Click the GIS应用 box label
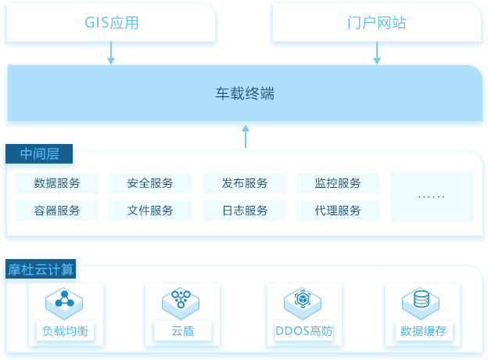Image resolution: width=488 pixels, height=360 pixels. click(x=111, y=23)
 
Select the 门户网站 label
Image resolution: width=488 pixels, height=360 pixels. click(x=377, y=23)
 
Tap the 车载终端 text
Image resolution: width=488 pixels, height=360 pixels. click(x=246, y=93)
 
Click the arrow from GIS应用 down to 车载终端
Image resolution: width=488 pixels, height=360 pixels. click(x=111, y=53)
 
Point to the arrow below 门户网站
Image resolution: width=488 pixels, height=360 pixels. click(x=377, y=53)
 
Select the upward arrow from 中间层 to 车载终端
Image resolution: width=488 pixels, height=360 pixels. click(x=246, y=136)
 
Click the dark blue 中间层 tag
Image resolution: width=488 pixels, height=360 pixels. click(x=39, y=154)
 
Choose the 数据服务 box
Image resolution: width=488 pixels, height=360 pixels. click(x=57, y=183)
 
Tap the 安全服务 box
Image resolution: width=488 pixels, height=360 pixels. click(x=150, y=183)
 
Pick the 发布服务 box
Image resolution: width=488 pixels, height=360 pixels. click(x=245, y=183)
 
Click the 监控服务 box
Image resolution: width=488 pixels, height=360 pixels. click(x=338, y=183)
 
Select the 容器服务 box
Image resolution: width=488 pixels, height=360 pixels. click(x=57, y=211)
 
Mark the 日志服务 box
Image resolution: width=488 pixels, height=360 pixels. click(x=245, y=211)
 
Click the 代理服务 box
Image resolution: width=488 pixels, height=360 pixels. click(x=338, y=211)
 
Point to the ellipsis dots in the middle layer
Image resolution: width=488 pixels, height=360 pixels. click(x=432, y=196)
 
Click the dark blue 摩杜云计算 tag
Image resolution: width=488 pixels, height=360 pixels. click(x=41, y=269)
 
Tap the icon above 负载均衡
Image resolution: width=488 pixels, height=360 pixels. click(x=64, y=304)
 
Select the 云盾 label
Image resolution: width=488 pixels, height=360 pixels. click(x=183, y=331)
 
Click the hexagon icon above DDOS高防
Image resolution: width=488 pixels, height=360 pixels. click(x=303, y=304)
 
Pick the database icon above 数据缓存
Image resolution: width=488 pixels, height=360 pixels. click(x=421, y=304)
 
